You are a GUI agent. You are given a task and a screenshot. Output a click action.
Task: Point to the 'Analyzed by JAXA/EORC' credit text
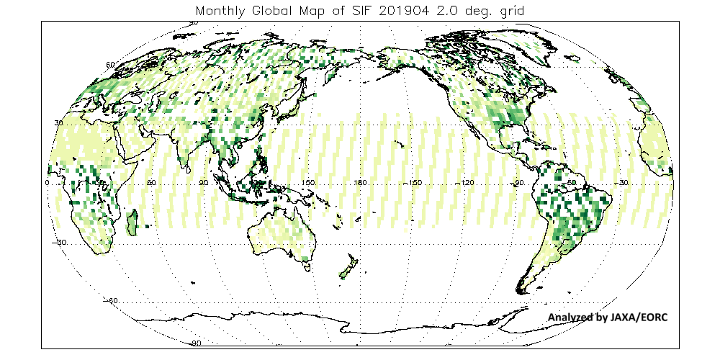608,317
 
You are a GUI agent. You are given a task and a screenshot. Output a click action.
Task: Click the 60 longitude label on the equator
152,184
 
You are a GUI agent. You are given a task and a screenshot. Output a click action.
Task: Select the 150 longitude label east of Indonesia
309,184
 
